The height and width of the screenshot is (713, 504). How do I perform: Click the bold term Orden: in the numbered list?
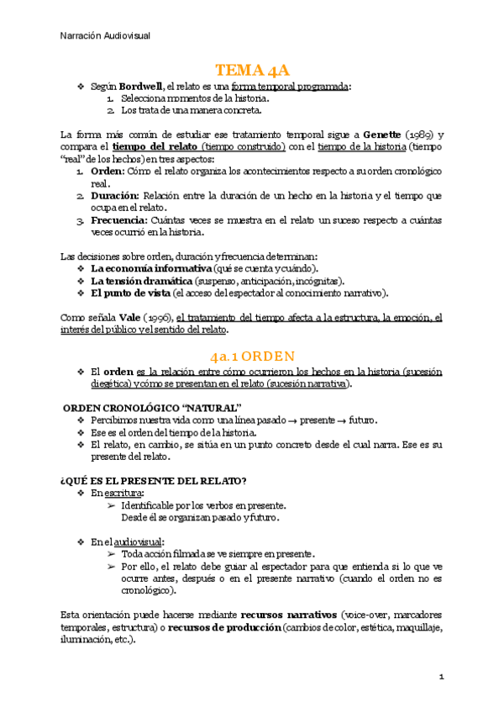coord(108,171)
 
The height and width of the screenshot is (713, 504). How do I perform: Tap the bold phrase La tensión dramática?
coord(141,281)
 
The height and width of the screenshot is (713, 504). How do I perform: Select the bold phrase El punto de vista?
coord(129,293)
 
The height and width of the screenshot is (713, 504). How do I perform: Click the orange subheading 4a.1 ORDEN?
coord(252,356)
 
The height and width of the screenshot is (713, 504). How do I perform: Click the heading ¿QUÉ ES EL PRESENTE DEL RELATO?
coord(154,480)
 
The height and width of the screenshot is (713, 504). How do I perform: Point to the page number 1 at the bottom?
coord(440,676)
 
